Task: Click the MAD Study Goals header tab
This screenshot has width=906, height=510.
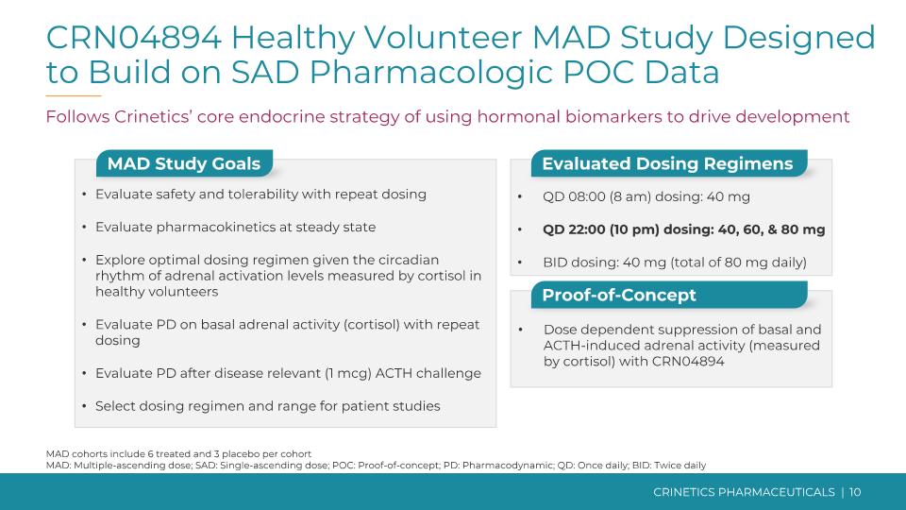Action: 183,163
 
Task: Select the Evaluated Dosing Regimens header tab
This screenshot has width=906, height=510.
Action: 667,163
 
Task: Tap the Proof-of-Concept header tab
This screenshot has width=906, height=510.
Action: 619,295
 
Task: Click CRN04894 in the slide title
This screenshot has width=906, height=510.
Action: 133,38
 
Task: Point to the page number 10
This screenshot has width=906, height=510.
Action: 855,492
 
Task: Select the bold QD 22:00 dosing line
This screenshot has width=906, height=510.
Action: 683,229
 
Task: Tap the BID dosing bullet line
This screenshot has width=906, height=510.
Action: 674,262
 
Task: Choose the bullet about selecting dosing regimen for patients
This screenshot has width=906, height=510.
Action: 267,406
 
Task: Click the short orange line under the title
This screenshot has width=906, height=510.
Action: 73,96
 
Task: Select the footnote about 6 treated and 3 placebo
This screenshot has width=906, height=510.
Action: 178,453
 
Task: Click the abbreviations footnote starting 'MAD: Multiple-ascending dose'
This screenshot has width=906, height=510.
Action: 376,465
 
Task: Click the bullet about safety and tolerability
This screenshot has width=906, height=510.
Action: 260,194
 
